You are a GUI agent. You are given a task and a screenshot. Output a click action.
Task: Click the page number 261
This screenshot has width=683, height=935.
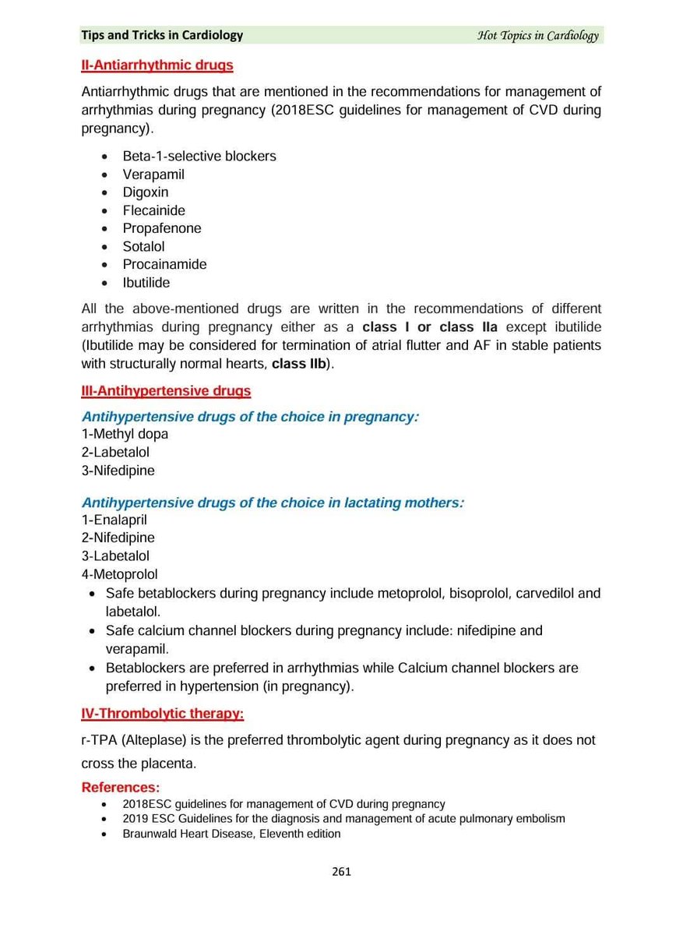pyautogui.click(x=341, y=871)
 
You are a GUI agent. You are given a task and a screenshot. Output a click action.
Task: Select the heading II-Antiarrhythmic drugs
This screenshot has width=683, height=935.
pyautogui.click(x=157, y=65)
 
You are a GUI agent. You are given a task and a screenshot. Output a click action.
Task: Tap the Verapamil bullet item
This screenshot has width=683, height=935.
pyautogui.click(x=153, y=175)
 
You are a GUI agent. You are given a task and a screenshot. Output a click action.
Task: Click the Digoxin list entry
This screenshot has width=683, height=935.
pyautogui.click(x=145, y=192)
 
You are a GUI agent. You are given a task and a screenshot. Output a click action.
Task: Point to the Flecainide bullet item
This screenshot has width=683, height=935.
pyautogui.click(x=153, y=210)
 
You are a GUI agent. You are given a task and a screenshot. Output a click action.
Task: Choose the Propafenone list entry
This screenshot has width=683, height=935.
pyautogui.click(x=161, y=228)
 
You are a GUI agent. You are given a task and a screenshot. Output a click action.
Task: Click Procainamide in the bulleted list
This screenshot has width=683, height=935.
pyautogui.click(x=164, y=264)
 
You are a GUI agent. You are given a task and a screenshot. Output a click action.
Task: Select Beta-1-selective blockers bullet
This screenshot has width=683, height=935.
pyautogui.click(x=199, y=156)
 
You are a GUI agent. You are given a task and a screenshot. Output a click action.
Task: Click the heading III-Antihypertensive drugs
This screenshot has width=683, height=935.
pyautogui.click(x=166, y=391)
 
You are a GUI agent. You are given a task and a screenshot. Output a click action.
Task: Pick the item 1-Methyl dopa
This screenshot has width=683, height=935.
pyautogui.click(x=125, y=434)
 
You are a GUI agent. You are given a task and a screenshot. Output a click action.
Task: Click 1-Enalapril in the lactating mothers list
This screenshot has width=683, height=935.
pyautogui.click(x=114, y=520)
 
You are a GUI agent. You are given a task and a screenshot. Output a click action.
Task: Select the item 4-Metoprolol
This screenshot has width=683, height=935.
pyautogui.click(x=119, y=575)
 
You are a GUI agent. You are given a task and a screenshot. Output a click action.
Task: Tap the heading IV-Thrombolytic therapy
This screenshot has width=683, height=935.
pyautogui.click(x=162, y=713)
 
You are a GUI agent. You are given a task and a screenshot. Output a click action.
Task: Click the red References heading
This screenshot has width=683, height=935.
pyautogui.click(x=121, y=788)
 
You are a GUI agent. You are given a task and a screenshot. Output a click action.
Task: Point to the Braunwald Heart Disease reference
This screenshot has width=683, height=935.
pyautogui.click(x=231, y=834)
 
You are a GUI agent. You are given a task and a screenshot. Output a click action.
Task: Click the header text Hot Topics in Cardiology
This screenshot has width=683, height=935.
pyautogui.click(x=538, y=36)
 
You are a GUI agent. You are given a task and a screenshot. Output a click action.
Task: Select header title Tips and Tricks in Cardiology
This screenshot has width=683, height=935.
pyautogui.click(x=162, y=35)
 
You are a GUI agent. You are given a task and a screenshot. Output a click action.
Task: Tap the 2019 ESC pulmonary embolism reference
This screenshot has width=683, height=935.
pyautogui.click(x=343, y=819)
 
